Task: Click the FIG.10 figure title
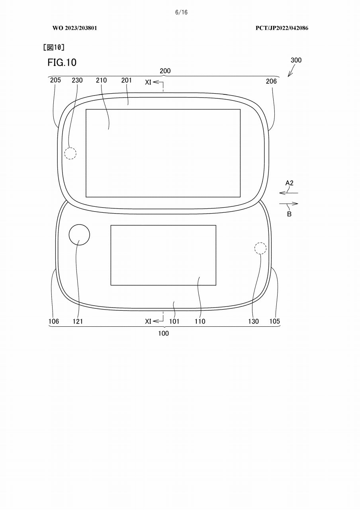(x=62, y=63)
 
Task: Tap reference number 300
(x=296, y=60)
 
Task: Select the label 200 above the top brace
(x=165, y=71)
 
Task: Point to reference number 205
(x=55, y=80)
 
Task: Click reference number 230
(x=77, y=80)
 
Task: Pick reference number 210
(x=101, y=80)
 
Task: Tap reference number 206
(x=271, y=81)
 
